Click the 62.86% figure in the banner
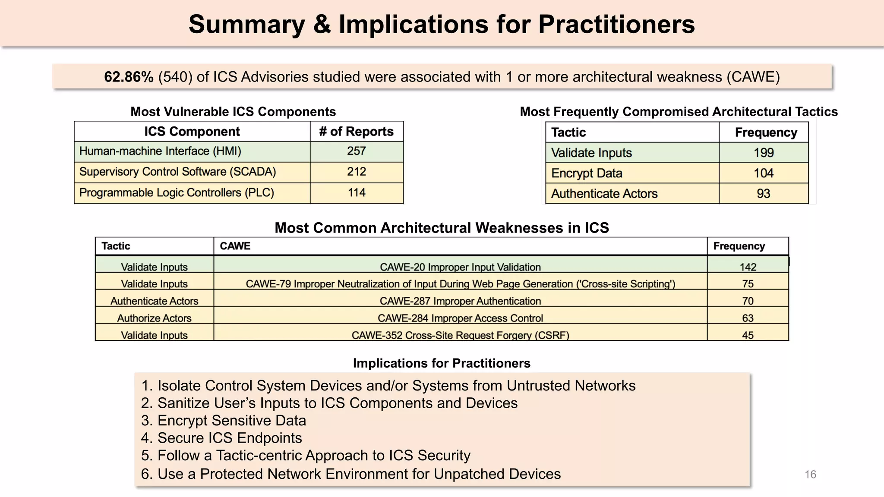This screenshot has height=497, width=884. tap(129, 77)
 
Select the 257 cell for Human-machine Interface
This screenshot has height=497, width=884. tap(357, 151)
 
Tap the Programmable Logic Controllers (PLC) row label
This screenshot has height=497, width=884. tap(177, 192)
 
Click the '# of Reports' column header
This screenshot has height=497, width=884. tap(357, 132)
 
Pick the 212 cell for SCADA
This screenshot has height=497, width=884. tap(357, 172)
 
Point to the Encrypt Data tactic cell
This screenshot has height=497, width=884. tap(587, 173)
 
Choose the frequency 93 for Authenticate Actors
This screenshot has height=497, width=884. tap(763, 193)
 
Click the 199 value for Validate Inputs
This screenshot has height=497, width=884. tap(763, 153)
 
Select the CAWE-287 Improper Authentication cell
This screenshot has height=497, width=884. tap(460, 301)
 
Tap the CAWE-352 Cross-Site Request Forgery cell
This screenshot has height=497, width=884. tap(460, 335)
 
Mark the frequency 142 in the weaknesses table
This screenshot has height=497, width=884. tap(748, 267)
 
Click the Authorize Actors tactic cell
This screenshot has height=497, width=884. tap(154, 318)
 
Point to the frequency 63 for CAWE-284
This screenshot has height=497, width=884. tap(748, 318)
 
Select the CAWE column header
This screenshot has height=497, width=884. tap(235, 246)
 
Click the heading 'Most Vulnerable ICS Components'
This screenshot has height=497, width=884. tap(233, 112)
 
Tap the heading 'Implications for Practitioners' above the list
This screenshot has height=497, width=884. tap(442, 363)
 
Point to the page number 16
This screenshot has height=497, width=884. tap(810, 475)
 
